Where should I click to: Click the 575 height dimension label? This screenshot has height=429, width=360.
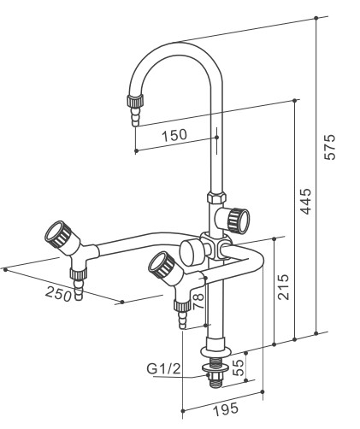pyautogui.click(x=330, y=147)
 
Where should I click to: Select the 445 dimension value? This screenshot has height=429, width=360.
pyautogui.click(x=305, y=201)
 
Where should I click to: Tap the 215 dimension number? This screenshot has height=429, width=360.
pyautogui.click(x=283, y=287)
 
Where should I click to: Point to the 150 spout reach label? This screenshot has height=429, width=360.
pyautogui.click(x=174, y=135)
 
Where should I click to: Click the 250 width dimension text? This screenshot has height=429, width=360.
pyautogui.click(x=59, y=294)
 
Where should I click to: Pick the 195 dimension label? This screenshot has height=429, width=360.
pyautogui.click(x=226, y=409)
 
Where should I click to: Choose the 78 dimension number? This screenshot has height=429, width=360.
pyautogui.click(x=198, y=301)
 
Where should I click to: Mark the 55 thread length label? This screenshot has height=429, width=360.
pyautogui.click(x=239, y=367)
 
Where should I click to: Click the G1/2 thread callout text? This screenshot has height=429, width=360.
pyautogui.click(x=163, y=369)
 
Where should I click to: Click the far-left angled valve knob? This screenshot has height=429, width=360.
pyautogui.click(x=58, y=237)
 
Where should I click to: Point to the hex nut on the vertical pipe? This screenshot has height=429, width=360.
pyautogui.click(x=216, y=197)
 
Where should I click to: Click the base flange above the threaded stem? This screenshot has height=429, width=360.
pyautogui.click(x=215, y=351)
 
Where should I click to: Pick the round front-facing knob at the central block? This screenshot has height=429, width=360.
pyautogui.click(x=191, y=251)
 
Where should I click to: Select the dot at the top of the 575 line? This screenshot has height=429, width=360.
pyautogui.click(x=316, y=18)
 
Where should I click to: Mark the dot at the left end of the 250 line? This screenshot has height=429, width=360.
pyautogui.click(x=5, y=269)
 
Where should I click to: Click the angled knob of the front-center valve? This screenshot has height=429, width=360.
pyautogui.click(x=162, y=265)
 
